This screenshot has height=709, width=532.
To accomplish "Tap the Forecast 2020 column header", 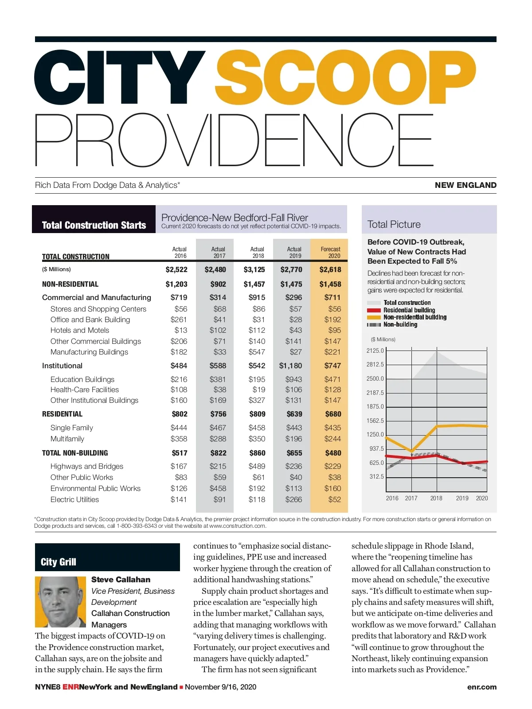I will tap(330, 253).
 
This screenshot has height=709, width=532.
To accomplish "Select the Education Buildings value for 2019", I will tap(293, 379).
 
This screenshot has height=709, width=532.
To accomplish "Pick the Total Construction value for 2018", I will tap(254, 269).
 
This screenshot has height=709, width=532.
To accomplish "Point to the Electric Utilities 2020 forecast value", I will tap(335, 499).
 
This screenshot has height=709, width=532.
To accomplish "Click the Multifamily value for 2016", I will tap(179, 439).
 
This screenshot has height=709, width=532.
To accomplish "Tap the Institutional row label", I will tap(62, 366).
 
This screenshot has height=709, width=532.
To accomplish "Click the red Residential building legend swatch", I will tap(374, 310).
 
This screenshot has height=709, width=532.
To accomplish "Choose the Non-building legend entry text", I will tap(400, 324).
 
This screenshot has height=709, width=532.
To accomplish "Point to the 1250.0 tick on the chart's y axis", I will tap(375, 434).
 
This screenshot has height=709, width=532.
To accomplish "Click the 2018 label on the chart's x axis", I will tap(436, 498).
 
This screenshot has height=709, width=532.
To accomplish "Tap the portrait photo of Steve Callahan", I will tap(60, 601).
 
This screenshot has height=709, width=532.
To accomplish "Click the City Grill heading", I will tap(59, 562).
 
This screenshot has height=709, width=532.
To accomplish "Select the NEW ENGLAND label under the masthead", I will tap(465, 185).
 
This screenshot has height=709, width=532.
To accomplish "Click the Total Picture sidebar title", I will tap(394, 224).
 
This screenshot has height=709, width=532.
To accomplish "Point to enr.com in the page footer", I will tap(482, 687).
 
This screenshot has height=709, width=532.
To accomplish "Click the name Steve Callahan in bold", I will tap(121, 580).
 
